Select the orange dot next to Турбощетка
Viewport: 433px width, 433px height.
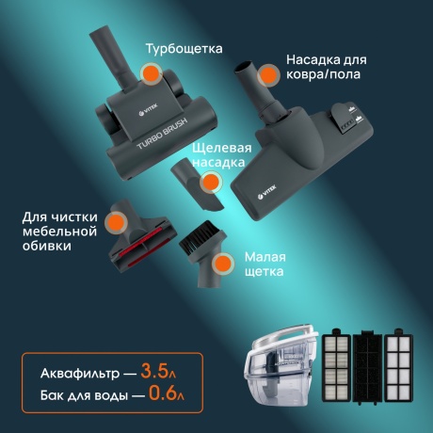pos(148,74)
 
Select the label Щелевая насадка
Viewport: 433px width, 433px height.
pos(221,155)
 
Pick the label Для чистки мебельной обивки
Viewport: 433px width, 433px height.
pos(60,231)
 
